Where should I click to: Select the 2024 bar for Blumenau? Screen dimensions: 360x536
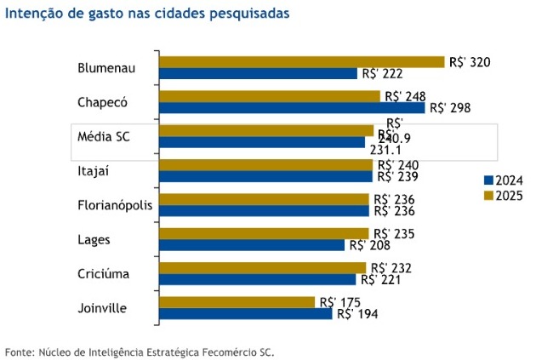[x=258, y=73]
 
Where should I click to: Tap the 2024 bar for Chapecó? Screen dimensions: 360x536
[x=292, y=107]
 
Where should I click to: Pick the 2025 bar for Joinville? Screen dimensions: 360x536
[x=237, y=301]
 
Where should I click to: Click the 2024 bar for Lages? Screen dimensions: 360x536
[x=252, y=245]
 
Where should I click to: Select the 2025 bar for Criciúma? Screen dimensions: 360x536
[x=262, y=267]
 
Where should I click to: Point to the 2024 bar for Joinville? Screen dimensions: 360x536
[x=245, y=313]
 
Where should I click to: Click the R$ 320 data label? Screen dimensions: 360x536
[x=470, y=62]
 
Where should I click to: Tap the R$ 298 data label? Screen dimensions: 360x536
[x=450, y=108]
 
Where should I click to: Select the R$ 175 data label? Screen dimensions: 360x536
[x=339, y=301]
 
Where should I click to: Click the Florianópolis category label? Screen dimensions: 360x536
[x=112, y=205]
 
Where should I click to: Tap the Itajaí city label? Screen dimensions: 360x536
[x=94, y=171]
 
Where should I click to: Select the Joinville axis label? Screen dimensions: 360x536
[x=102, y=307]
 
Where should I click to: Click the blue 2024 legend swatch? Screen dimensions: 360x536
[x=488, y=180]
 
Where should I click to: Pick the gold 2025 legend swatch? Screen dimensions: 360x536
[x=488, y=195]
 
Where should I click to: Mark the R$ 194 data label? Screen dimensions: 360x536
[x=357, y=314]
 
